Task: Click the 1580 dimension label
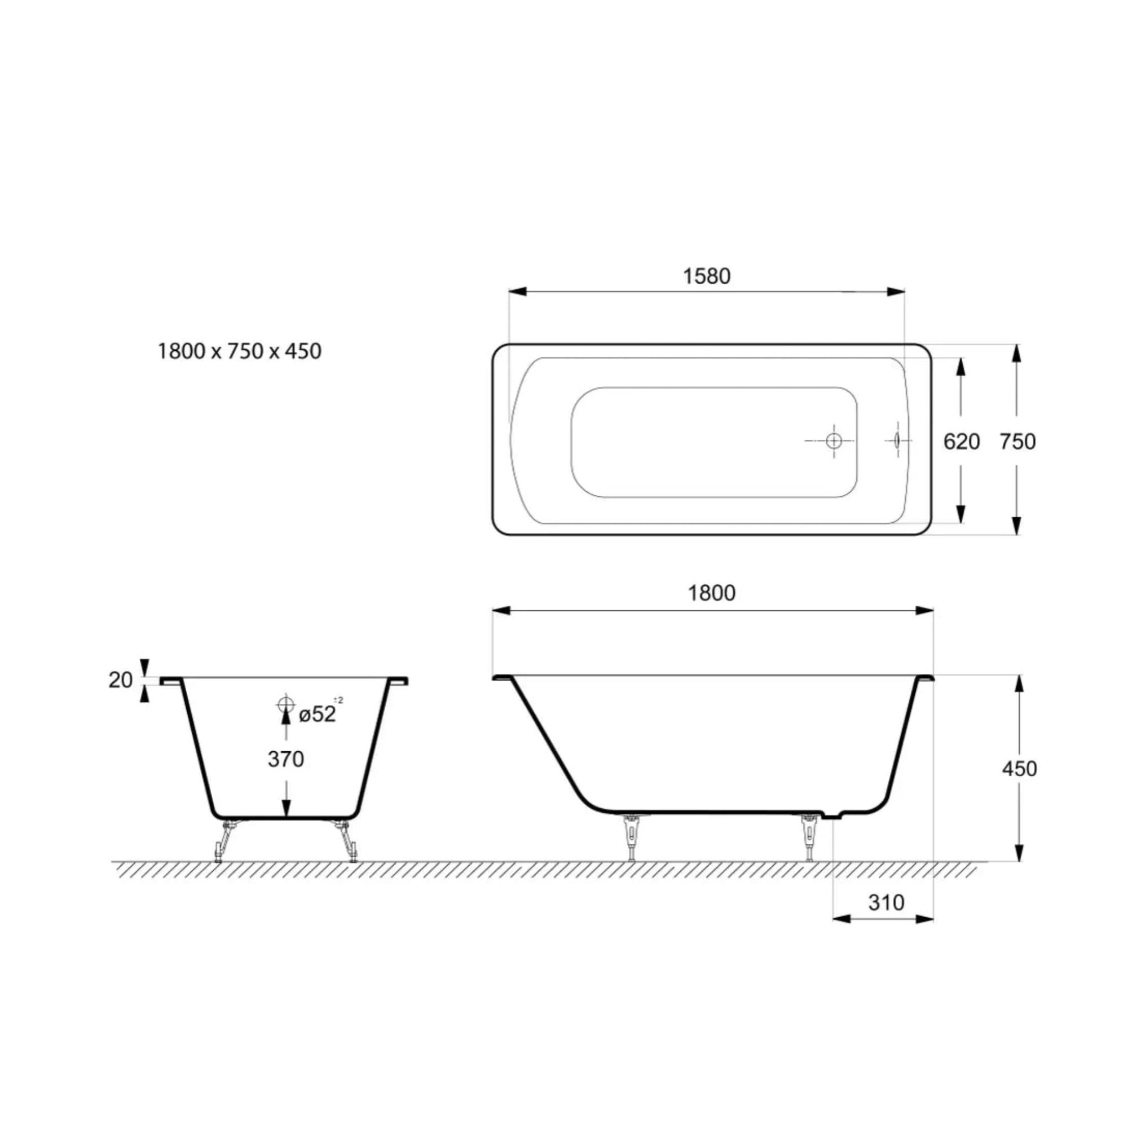click(707, 276)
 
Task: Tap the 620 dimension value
click(962, 442)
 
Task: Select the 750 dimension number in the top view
click(1017, 442)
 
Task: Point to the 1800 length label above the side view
click(712, 593)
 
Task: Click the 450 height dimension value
click(1019, 769)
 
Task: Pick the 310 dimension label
click(886, 902)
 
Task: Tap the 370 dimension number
click(286, 759)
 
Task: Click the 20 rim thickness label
click(121, 680)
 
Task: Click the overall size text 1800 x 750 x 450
click(239, 351)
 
